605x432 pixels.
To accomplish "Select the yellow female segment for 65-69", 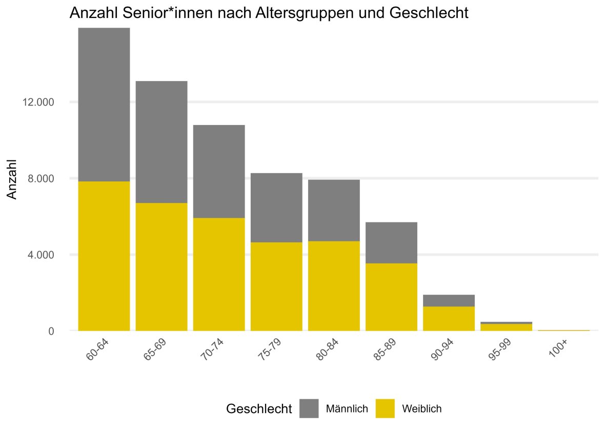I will pyautogui.click(x=162, y=266).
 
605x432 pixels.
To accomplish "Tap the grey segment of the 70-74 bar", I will pyautogui.click(x=219, y=171).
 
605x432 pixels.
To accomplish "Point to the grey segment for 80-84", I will pyautogui.click(x=334, y=210).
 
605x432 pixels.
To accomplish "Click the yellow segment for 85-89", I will pyautogui.click(x=391, y=297).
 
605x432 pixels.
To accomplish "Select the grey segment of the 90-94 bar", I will pyautogui.click(x=449, y=300).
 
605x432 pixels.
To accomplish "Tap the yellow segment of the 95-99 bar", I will pyautogui.click(x=506, y=327).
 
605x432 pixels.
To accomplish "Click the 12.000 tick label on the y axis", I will pyautogui.click(x=38, y=102).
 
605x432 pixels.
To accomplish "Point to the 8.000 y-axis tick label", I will pyautogui.click(x=41, y=178).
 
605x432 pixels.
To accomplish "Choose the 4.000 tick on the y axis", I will pyautogui.click(x=41, y=255).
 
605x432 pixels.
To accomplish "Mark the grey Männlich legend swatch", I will pyautogui.click(x=309, y=408).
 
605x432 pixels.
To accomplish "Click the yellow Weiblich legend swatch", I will pyautogui.click(x=386, y=408).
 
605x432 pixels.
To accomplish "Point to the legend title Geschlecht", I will pyautogui.click(x=259, y=409).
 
